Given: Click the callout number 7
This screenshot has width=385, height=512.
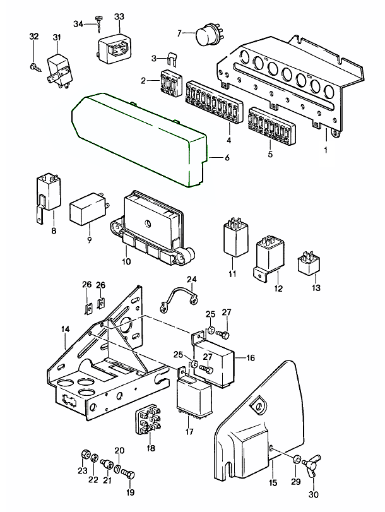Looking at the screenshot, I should click(x=179, y=32).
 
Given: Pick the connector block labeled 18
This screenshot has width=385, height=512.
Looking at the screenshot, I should click(x=148, y=422).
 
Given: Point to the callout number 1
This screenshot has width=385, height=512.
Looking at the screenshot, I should click(x=326, y=150).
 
